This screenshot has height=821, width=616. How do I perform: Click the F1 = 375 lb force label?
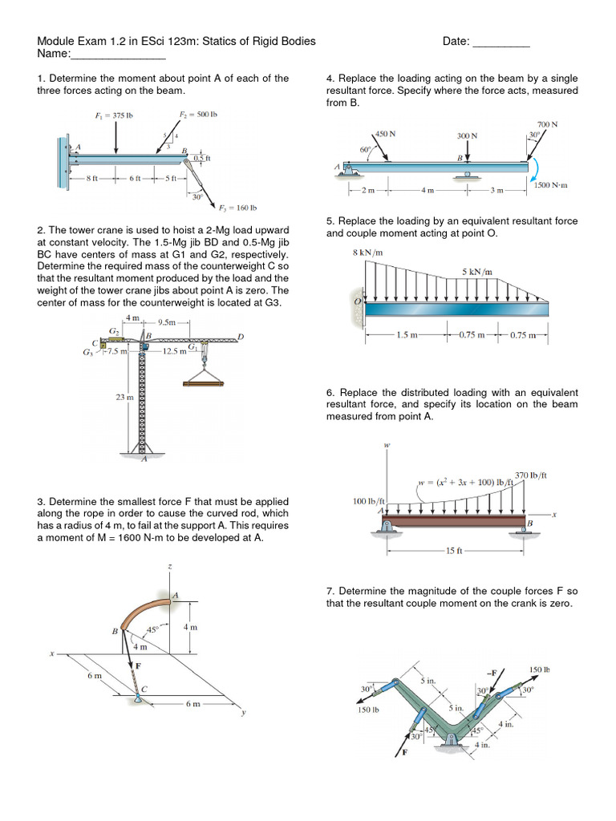[113, 115]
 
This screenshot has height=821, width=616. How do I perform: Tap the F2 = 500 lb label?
[198, 115]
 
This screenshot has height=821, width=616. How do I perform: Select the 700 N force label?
[547, 124]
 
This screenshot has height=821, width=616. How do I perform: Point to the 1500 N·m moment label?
[550, 184]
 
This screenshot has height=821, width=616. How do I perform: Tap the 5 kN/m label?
[476, 272]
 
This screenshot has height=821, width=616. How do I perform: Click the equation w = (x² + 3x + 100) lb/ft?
[464, 483]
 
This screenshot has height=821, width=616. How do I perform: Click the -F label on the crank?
[491, 672]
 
